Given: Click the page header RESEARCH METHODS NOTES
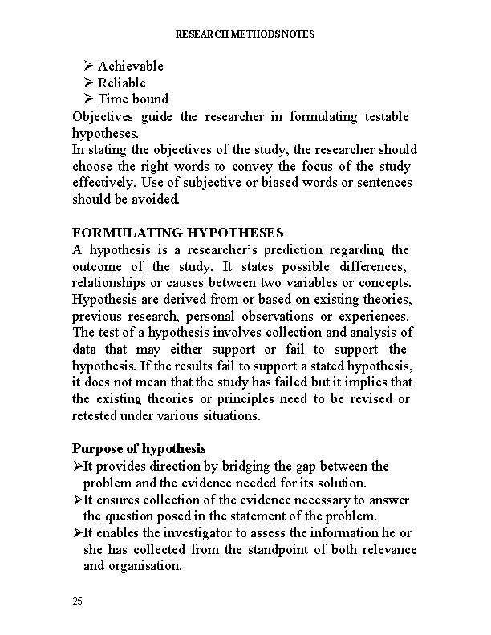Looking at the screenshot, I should point(245,34).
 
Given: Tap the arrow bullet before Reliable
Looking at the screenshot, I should point(88,83).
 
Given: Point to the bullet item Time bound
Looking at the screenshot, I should point(132,99).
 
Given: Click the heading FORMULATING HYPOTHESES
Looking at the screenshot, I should point(177,233).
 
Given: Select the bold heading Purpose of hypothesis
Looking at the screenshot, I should point(140,448).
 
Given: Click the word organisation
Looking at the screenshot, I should point(143,566).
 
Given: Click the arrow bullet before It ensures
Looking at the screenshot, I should point(77,500).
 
